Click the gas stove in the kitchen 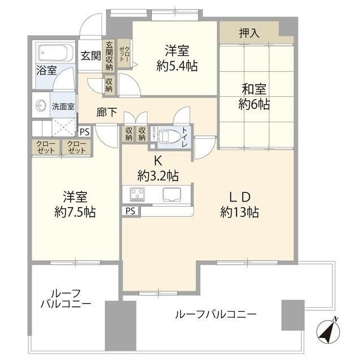point(138,194)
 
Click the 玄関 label point(90,55)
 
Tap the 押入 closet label point(249,33)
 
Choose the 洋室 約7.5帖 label point(75,204)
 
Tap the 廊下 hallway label point(106,112)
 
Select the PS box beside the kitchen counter point(130,211)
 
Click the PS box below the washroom point(84,131)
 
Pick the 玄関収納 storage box point(109,57)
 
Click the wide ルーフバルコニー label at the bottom point(216,314)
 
